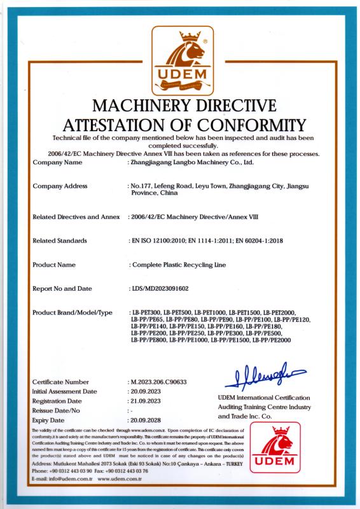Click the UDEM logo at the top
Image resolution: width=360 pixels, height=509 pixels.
click(x=180, y=59)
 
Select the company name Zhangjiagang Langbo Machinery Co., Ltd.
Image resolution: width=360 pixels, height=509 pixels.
click(x=192, y=163)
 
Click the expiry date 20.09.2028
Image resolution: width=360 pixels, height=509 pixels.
click(x=148, y=421)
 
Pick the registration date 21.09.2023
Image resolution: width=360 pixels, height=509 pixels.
click(x=148, y=401)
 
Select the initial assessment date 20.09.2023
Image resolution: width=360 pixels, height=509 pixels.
click(x=148, y=391)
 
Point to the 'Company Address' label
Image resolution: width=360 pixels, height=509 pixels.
click(x=60, y=186)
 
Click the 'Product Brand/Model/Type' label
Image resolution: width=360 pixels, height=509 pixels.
click(x=72, y=312)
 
